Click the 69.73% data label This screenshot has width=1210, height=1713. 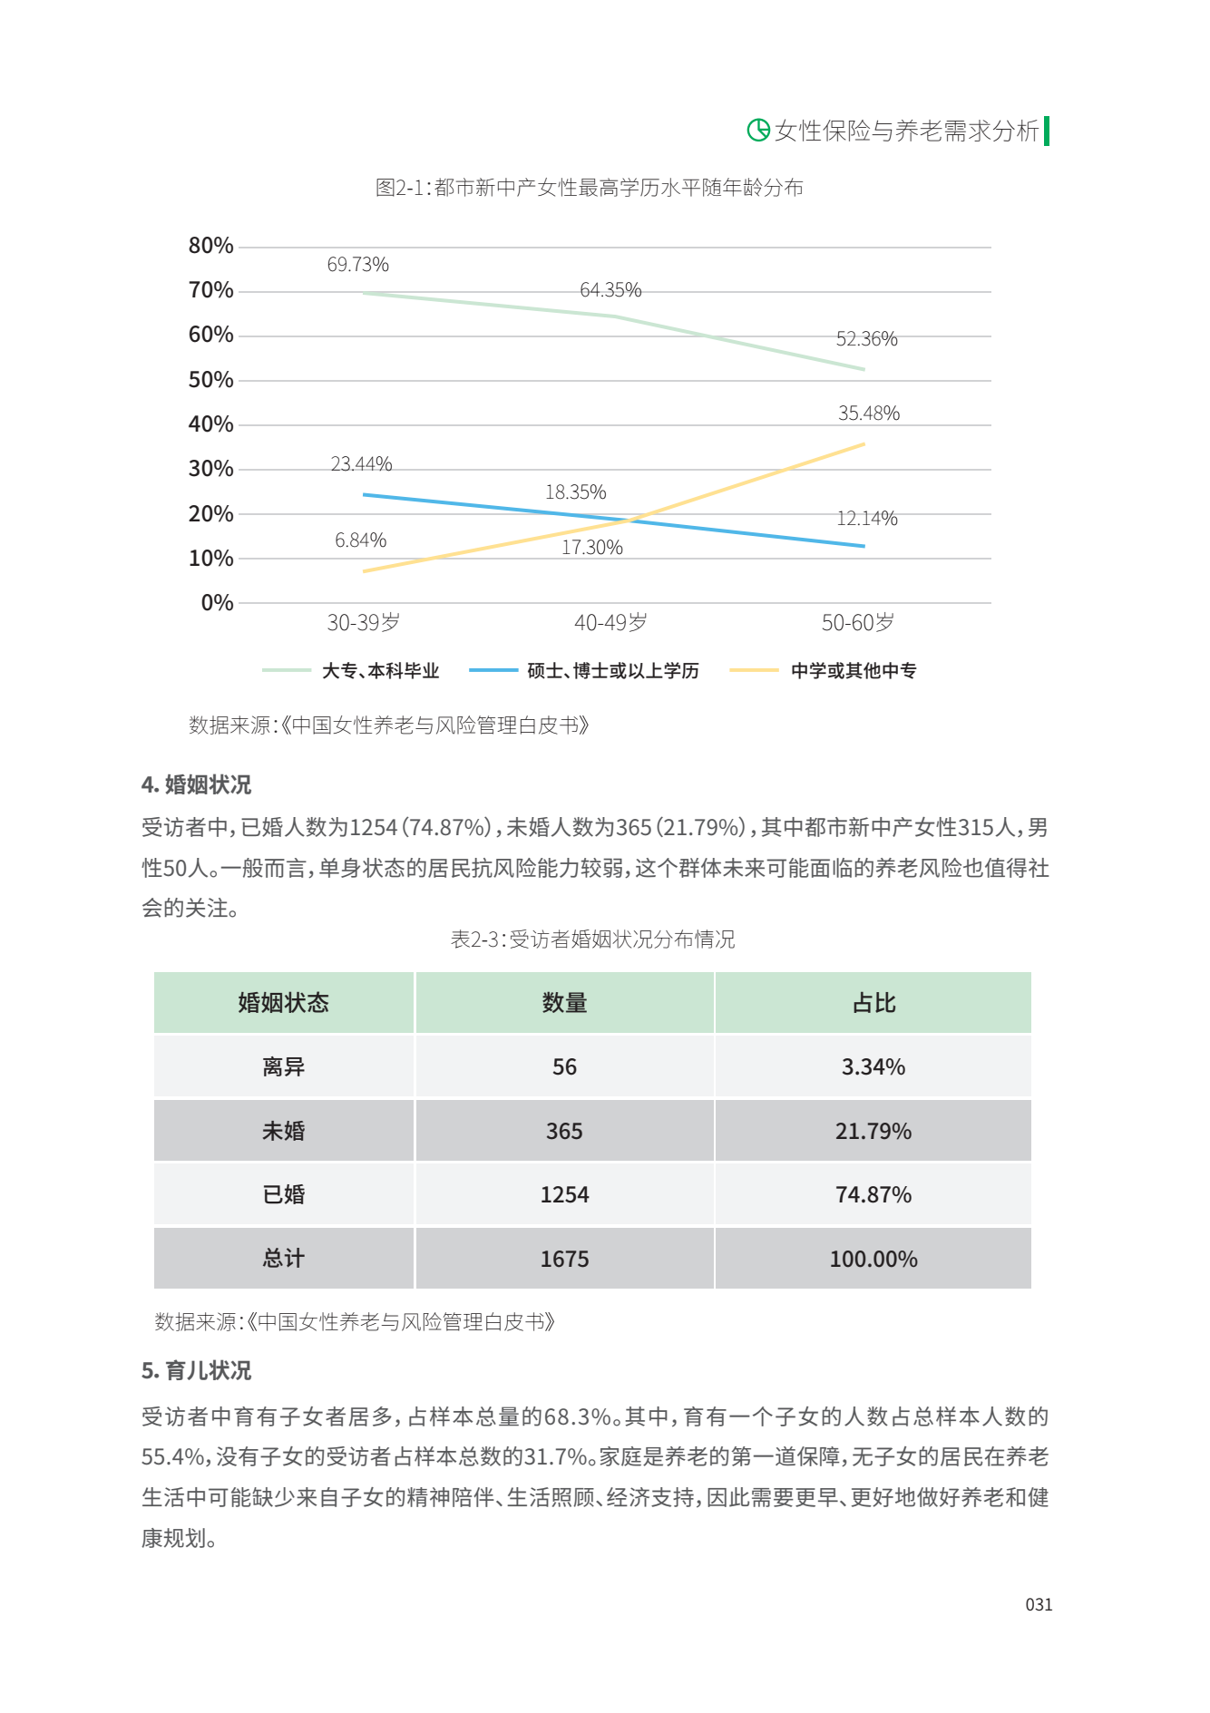click(x=357, y=265)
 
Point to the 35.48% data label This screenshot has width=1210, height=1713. click(x=868, y=414)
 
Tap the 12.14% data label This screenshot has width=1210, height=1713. click(x=866, y=519)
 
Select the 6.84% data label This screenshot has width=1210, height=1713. click(x=360, y=540)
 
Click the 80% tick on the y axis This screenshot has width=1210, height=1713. click(x=210, y=246)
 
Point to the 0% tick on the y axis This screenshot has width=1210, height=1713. click(x=217, y=603)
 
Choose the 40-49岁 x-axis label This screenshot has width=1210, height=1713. click(x=610, y=623)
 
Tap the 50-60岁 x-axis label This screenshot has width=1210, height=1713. click(x=857, y=623)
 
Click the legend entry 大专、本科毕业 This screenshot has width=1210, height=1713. click(x=380, y=671)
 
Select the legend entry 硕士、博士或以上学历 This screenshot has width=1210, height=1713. click(x=612, y=671)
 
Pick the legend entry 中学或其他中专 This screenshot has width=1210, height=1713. click(x=853, y=671)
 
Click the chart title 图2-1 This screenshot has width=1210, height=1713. click(x=590, y=188)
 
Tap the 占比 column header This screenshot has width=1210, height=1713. click(x=873, y=1003)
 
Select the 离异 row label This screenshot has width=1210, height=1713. click(x=283, y=1067)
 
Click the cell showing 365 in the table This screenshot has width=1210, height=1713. click(x=564, y=1132)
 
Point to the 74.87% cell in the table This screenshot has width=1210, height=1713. click(x=873, y=1195)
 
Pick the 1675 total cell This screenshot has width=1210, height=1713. click(x=564, y=1260)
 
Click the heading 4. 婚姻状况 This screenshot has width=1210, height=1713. click(x=197, y=785)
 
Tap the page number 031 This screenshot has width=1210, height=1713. click(x=1039, y=1605)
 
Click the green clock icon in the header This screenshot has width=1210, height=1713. click(x=757, y=131)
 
